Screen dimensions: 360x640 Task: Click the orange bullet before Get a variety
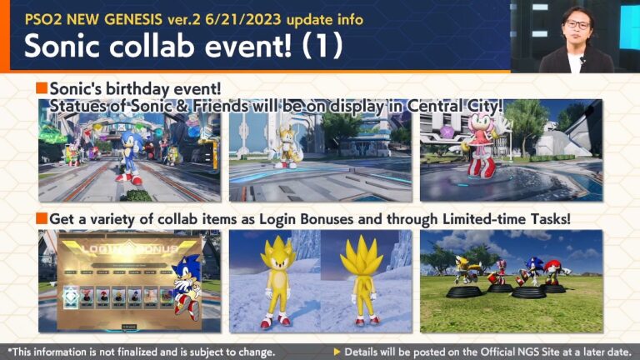point(42,218)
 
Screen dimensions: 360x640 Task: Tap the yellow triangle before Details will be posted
point(337,352)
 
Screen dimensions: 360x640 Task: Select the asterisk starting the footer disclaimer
point(10,351)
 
